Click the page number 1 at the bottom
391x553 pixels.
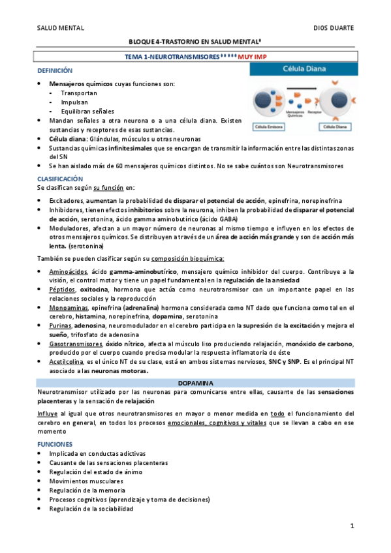[x=352, y=526]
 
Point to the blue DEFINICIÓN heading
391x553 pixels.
[x=55, y=70]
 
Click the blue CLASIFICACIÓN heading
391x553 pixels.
[x=61, y=177]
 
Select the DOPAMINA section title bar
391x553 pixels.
[x=196, y=383]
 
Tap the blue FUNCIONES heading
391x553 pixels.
[x=55, y=443]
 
